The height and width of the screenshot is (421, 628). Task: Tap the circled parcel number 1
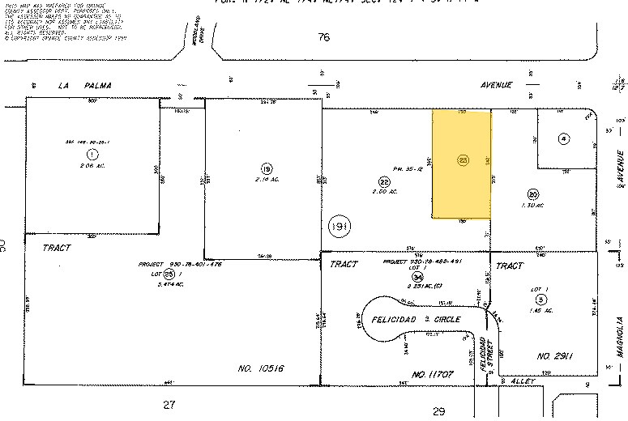92,153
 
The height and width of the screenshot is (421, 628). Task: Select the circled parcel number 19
266,168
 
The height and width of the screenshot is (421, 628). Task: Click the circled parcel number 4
562,138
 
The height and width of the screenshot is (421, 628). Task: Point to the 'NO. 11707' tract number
432,375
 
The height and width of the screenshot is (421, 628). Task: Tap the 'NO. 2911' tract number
555,355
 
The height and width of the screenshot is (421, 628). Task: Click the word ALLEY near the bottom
515,381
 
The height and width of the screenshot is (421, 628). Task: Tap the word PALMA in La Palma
96,85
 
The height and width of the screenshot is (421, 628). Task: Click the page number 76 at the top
325,37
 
